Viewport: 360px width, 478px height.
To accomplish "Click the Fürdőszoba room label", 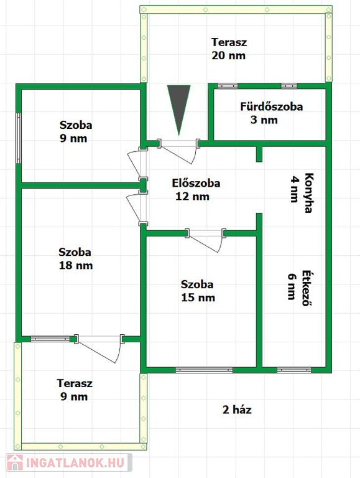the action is click(271, 113).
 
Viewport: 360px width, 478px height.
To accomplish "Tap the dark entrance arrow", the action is click(179, 110).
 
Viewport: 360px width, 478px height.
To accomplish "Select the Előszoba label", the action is click(196, 189).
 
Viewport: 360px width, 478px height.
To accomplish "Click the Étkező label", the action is click(300, 287).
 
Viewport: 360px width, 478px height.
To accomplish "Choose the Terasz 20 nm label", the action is click(229, 49).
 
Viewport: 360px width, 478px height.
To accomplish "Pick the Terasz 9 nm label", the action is click(75, 390).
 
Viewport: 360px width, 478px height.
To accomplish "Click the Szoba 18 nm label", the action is click(75, 259).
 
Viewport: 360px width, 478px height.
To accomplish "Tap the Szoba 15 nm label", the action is click(198, 291).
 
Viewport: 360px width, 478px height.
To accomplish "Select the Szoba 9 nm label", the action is click(75, 132).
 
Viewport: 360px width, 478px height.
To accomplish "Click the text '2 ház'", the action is click(237, 410).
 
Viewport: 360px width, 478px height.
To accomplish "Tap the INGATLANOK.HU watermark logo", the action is click(69, 463).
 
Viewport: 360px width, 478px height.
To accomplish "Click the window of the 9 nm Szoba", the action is click(19, 138).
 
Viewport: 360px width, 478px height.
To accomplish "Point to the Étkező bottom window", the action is click(294, 370).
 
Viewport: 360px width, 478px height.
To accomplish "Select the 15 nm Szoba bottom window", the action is click(204, 370).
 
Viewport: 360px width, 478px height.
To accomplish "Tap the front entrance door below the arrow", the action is click(178, 151).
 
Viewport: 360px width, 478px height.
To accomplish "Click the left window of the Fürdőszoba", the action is click(228, 86).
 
